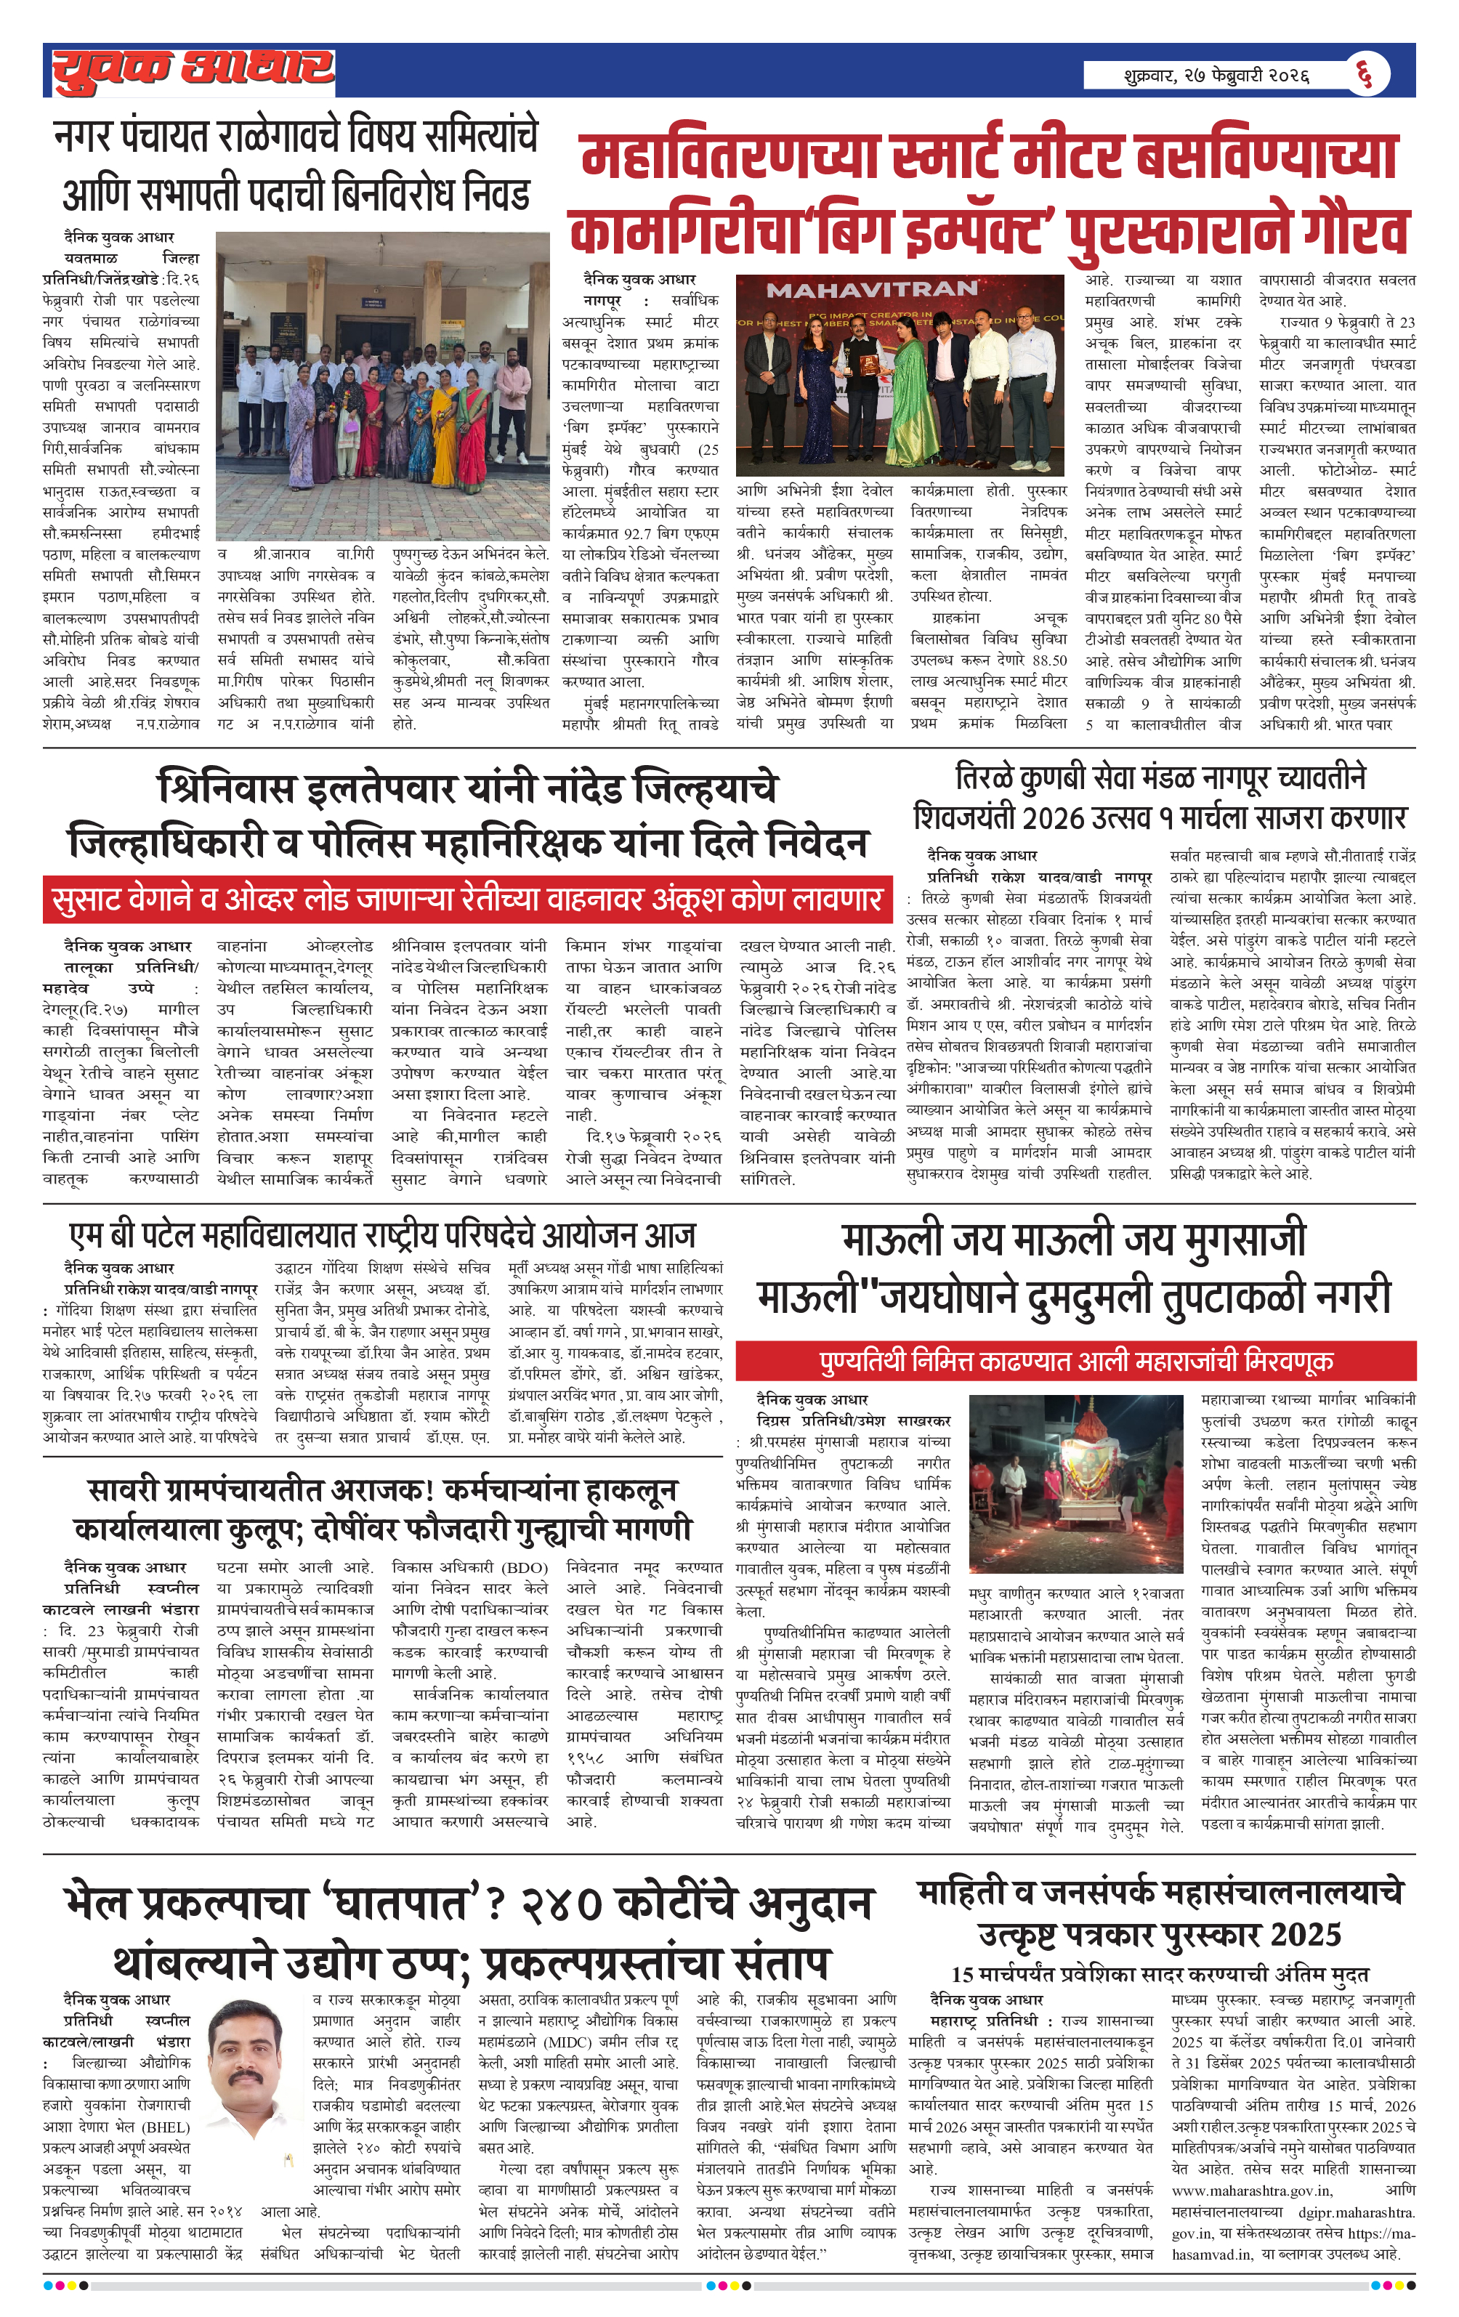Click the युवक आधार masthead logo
[x=193, y=70]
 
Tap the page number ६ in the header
[x=1364, y=73]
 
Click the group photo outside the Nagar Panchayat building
[x=382, y=387]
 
